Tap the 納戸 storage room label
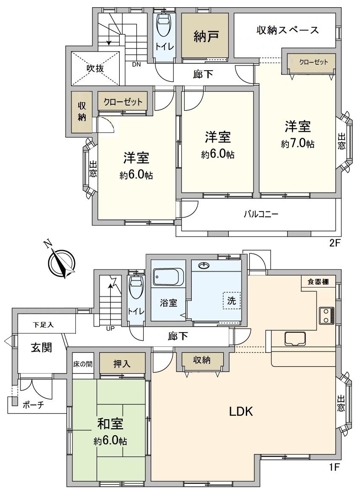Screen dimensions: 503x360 pyautogui.click(x=206, y=36)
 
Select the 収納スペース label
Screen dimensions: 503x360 pyautogui.click(x=288, y=30)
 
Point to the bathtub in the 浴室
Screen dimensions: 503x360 pyautogui.click(x=168, y=278)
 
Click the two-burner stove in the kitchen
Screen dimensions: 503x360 pyautogui.click(x=327, y=315)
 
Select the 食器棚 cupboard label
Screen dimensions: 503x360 pyautogui.click(x=318, y=282)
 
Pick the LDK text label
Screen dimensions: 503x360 pyautogui.click(x=242, y=411)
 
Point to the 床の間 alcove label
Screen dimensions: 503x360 pyautogui.click(x=82, y=365)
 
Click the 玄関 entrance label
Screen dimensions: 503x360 pyautogui.click(x=41, y=348)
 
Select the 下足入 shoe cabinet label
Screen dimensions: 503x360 pyautogui.click(x=44, y=325)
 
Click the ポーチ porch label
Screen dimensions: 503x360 pyautogui.click(x=33, y=405)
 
